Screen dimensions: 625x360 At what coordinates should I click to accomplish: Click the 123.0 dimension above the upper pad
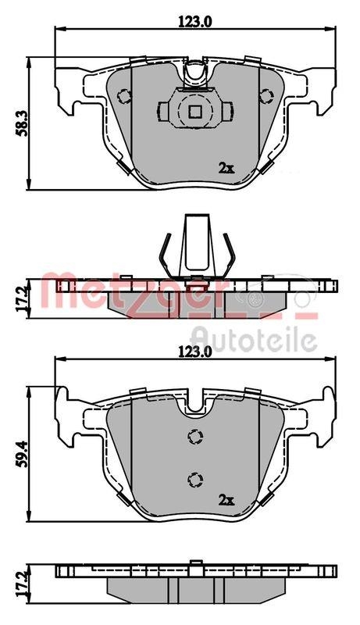tap(195, 22)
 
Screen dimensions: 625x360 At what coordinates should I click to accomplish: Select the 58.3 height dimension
tap(22, 123)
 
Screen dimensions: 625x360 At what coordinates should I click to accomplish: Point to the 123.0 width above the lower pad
tap(195, 352)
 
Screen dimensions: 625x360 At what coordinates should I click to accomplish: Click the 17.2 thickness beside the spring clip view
tap(22, 298)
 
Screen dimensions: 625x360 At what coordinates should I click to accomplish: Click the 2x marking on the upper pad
tap(226, 167)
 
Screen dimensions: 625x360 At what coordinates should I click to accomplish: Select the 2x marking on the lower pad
tap(226, 498)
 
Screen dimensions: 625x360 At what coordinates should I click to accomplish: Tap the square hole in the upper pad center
tap(194, 112)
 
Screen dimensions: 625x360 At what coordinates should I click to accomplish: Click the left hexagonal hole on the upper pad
tap(123, 97)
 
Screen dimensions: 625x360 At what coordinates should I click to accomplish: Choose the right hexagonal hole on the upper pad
tap(266, 97)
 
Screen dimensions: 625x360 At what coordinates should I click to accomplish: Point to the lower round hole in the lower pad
tap(194, 477)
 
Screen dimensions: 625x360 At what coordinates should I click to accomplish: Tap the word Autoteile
tap(254, 339)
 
